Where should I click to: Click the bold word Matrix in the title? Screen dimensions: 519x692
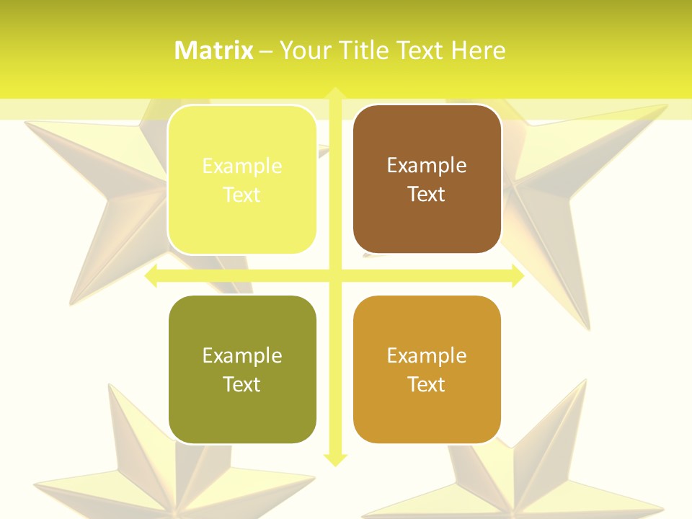214,50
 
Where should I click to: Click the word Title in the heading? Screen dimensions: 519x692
364,50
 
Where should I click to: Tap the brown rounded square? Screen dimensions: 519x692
427,179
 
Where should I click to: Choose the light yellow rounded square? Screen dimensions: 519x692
242,179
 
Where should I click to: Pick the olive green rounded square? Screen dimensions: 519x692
242,369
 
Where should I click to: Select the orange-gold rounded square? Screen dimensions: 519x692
427,369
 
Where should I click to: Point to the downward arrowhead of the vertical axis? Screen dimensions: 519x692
334,459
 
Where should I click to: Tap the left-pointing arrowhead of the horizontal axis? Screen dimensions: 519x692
151,276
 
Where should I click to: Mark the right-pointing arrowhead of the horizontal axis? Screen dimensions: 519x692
518,276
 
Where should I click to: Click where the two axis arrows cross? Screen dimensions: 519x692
334,276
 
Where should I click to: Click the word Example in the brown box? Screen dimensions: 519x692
427,165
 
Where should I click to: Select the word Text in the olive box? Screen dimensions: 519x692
242,384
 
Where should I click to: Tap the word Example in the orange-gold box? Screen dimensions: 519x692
427,355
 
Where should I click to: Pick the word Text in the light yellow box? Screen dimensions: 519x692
242,195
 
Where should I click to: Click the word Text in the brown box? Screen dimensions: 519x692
427,194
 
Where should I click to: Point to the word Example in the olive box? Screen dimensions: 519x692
242,355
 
